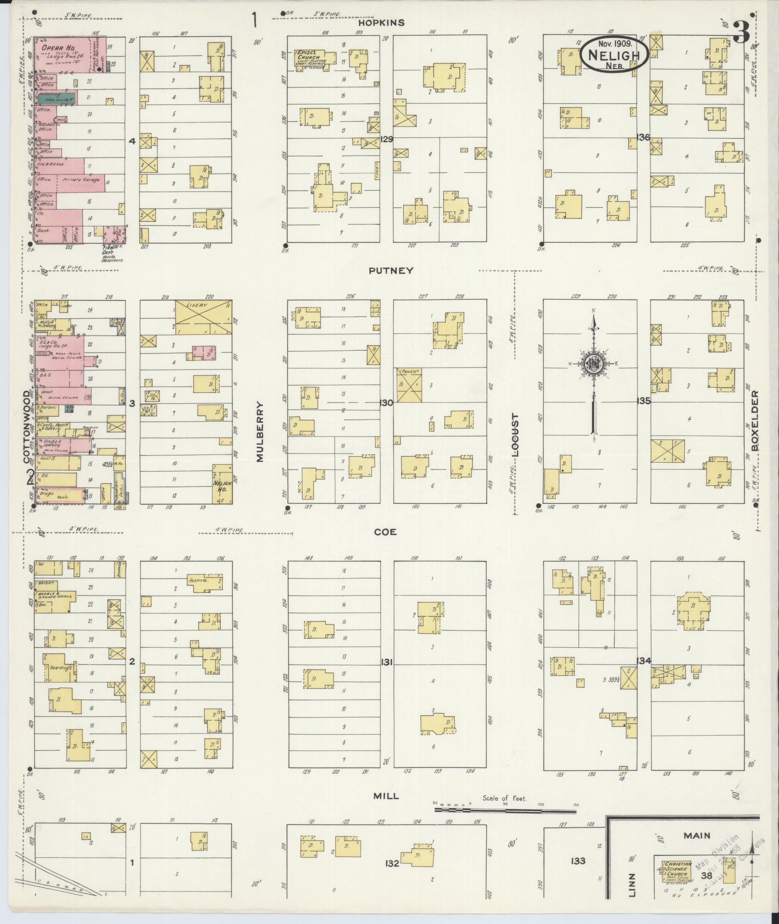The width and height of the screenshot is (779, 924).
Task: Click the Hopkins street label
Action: (381, 23)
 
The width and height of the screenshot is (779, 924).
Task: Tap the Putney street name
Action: (391, 270)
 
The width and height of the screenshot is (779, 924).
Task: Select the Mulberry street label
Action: (260, 432)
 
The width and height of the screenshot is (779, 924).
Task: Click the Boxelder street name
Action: (755, 420)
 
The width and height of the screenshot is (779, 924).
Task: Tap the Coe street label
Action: (385, 532)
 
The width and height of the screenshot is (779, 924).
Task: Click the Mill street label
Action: (386, 796)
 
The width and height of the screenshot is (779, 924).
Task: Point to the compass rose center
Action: (593, 364)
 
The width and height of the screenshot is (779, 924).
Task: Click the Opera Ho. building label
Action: (55, 48)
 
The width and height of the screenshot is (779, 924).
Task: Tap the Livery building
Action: (203, 317)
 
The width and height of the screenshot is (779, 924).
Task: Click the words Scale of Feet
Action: (505, 798)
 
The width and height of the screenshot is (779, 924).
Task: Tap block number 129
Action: (386, 139)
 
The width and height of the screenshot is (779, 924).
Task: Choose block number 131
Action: (386, 661)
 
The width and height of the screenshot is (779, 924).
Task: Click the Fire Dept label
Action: (107, 251)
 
